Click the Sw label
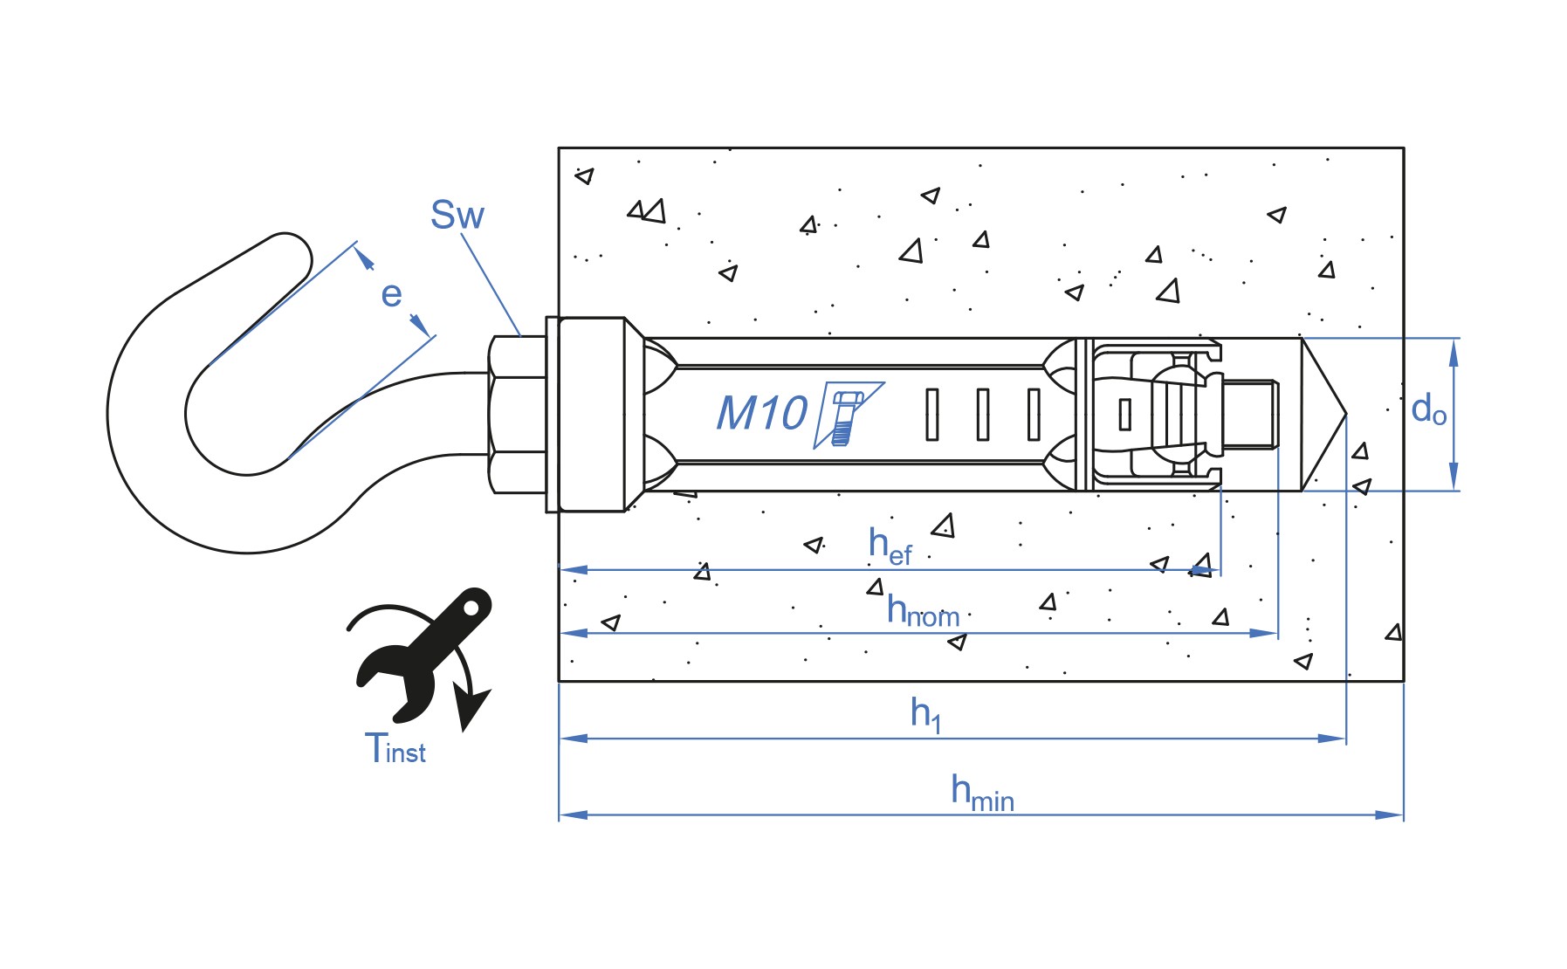point(457,215)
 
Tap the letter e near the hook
point(391,294)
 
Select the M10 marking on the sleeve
point(762,413)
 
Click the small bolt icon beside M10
point(845,417)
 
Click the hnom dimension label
point(923,611)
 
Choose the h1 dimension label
point(925,714)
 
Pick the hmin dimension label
point(982,793)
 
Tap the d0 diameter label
point(1428,409)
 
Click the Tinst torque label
point(395,749)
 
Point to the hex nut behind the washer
point(518,414)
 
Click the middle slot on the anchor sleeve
point(983,414)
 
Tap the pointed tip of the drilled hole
point(1345,414)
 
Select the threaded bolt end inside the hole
point(1250,414)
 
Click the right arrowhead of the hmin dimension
point(1390,814)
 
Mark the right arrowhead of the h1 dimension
point(1332,739)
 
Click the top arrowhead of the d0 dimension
point(1454,353)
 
